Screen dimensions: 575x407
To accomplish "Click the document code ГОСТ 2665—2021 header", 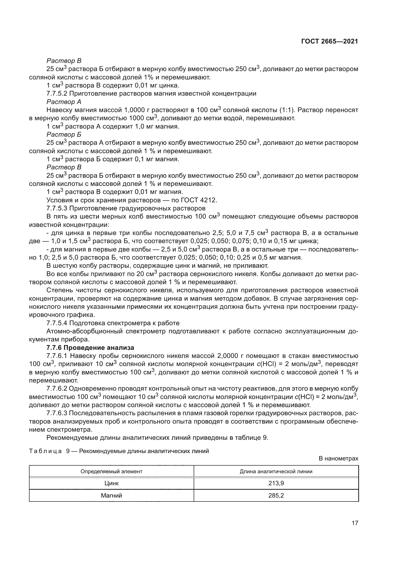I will click(x=329, y=42).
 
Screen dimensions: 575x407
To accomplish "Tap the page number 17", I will click(x=355, y=523).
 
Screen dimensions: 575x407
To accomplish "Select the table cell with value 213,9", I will click(x=276, y=483).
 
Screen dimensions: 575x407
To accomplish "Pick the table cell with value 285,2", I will click(x=276, y=495).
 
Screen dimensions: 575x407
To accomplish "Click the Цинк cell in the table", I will click(x=111, y=483).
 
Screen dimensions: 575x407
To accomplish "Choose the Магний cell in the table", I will click(x=111, y=495).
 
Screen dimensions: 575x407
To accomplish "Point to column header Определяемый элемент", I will click(x=111, y=471).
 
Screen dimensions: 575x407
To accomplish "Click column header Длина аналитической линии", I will click(x=276, y=471).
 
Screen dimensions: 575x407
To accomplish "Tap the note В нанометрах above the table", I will click(x=338, y=458).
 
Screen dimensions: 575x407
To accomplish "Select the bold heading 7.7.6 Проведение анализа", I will click(x=90, y=348).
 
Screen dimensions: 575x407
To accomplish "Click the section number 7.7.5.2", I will click(x=57, y=94).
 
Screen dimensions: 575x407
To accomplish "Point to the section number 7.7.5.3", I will click(x=57, y=208).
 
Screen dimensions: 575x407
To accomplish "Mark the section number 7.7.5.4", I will click(x=57, y=323).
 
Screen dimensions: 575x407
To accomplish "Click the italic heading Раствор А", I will click(x=64, y=102).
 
